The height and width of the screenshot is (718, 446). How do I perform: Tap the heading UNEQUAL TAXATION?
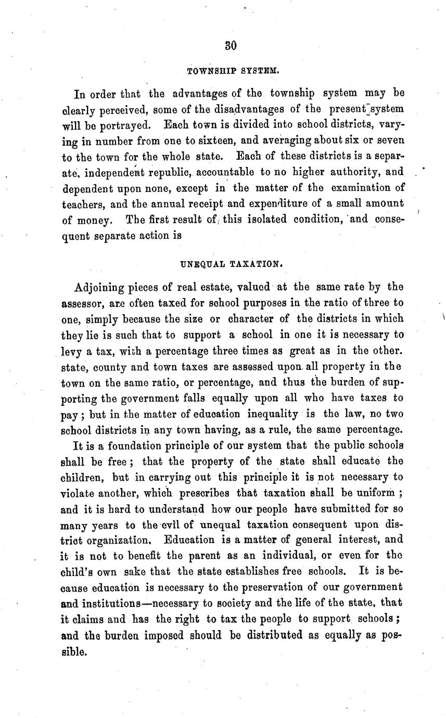click(x=231, y=263)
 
